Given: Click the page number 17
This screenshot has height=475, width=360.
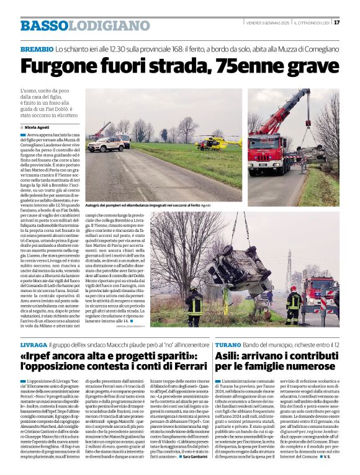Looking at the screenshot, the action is (x=336, y=23).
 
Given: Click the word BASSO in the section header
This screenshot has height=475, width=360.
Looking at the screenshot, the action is (x=43, y=26).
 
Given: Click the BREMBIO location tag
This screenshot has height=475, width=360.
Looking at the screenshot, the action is (x=36, y=48).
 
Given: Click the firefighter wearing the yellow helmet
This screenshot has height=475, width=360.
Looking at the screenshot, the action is (x=195, y=303).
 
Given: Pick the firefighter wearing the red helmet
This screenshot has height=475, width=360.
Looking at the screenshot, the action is (x=294, y=303).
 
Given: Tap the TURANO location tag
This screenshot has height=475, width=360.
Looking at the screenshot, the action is (x=227, y=344).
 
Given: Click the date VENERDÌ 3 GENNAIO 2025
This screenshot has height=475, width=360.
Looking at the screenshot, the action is (x=267, y=23).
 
